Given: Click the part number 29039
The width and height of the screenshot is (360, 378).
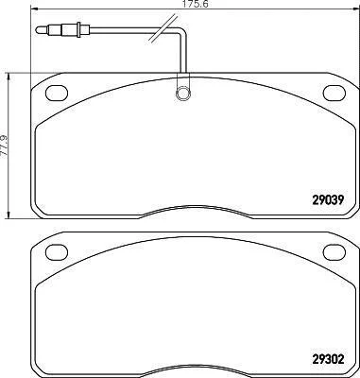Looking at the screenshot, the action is (x=327, y=199).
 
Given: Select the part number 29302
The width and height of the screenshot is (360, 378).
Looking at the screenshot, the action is (x=327, y=359).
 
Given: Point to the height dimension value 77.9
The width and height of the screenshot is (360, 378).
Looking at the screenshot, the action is (x=4, y=146).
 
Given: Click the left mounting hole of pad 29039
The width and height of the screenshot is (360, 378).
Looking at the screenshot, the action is (x=57, y=94).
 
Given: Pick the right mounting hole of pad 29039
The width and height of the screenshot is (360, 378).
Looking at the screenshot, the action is (x=334, y=94).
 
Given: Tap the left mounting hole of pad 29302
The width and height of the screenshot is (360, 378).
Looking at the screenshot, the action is (x=57, y=252).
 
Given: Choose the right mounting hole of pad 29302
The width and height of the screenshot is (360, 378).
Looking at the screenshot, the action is (x=334, y=252).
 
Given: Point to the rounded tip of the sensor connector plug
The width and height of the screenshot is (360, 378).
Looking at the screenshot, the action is (x=38, y=30).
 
